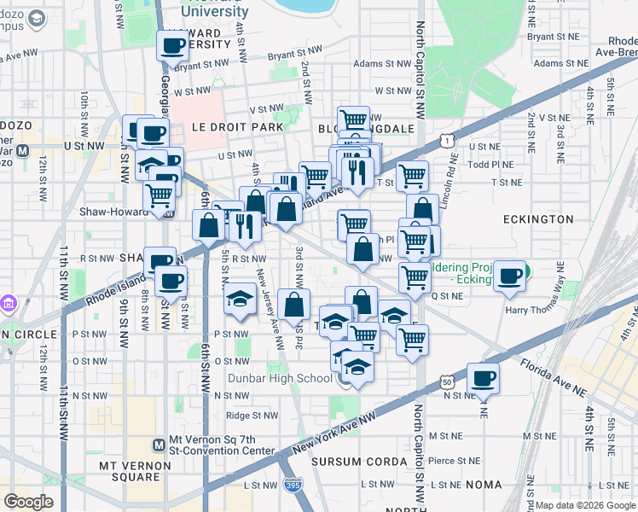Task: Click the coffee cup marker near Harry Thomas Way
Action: pyautogui.click(x=511, y=276)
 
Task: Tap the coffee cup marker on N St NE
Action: pyautogui.click(x=483, y=378)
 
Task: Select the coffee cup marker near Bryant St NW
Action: pyautogui.click(x=172, y=45)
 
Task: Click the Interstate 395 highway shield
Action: pyautogui.click(x=292, y=484)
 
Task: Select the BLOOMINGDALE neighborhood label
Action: pyautogui.click(x=366, y=129)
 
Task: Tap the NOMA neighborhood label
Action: pyautogui.click(x=484, y=485)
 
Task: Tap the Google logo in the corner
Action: pyautogui.click(x=28, y=502)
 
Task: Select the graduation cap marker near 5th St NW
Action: pyautogui.click(x=240, y=300)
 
